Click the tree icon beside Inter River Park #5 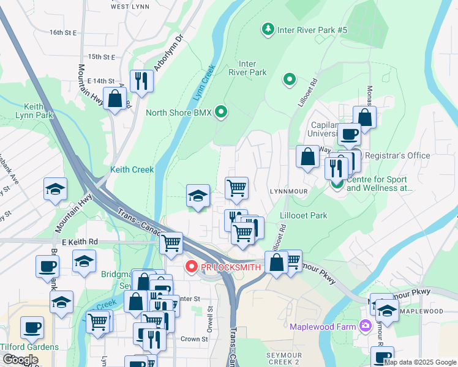click(268, 29)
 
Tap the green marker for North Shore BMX click(222, 112)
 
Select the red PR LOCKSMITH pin click(191, 267)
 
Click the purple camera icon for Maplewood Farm click(366, 326)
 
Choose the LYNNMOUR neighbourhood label click(287, 191)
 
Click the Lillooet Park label click(302, 215)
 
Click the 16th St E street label click(64, 32)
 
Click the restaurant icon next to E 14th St click(141, 80)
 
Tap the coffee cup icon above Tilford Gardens click(32, 327)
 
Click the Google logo click(20, 360)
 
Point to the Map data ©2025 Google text click(419, 362)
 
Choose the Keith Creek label click(132, 169)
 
